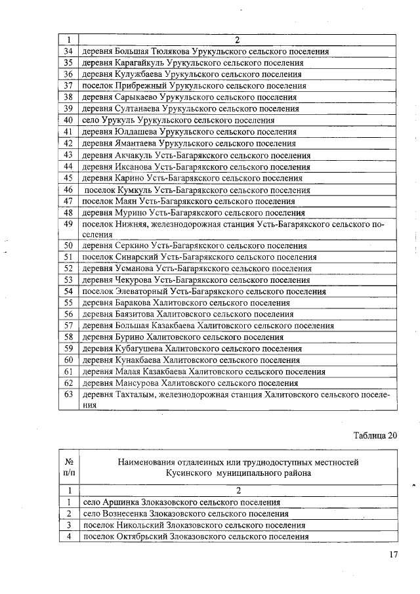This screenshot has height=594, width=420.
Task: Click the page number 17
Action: click(394, 555)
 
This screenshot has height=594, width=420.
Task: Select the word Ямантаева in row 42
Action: click(135, 144)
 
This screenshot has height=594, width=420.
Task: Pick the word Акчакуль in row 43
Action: click(133, 156)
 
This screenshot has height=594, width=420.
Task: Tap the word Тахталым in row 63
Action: click(135, 395)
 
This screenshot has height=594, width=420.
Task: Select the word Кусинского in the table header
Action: click(188, 473)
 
